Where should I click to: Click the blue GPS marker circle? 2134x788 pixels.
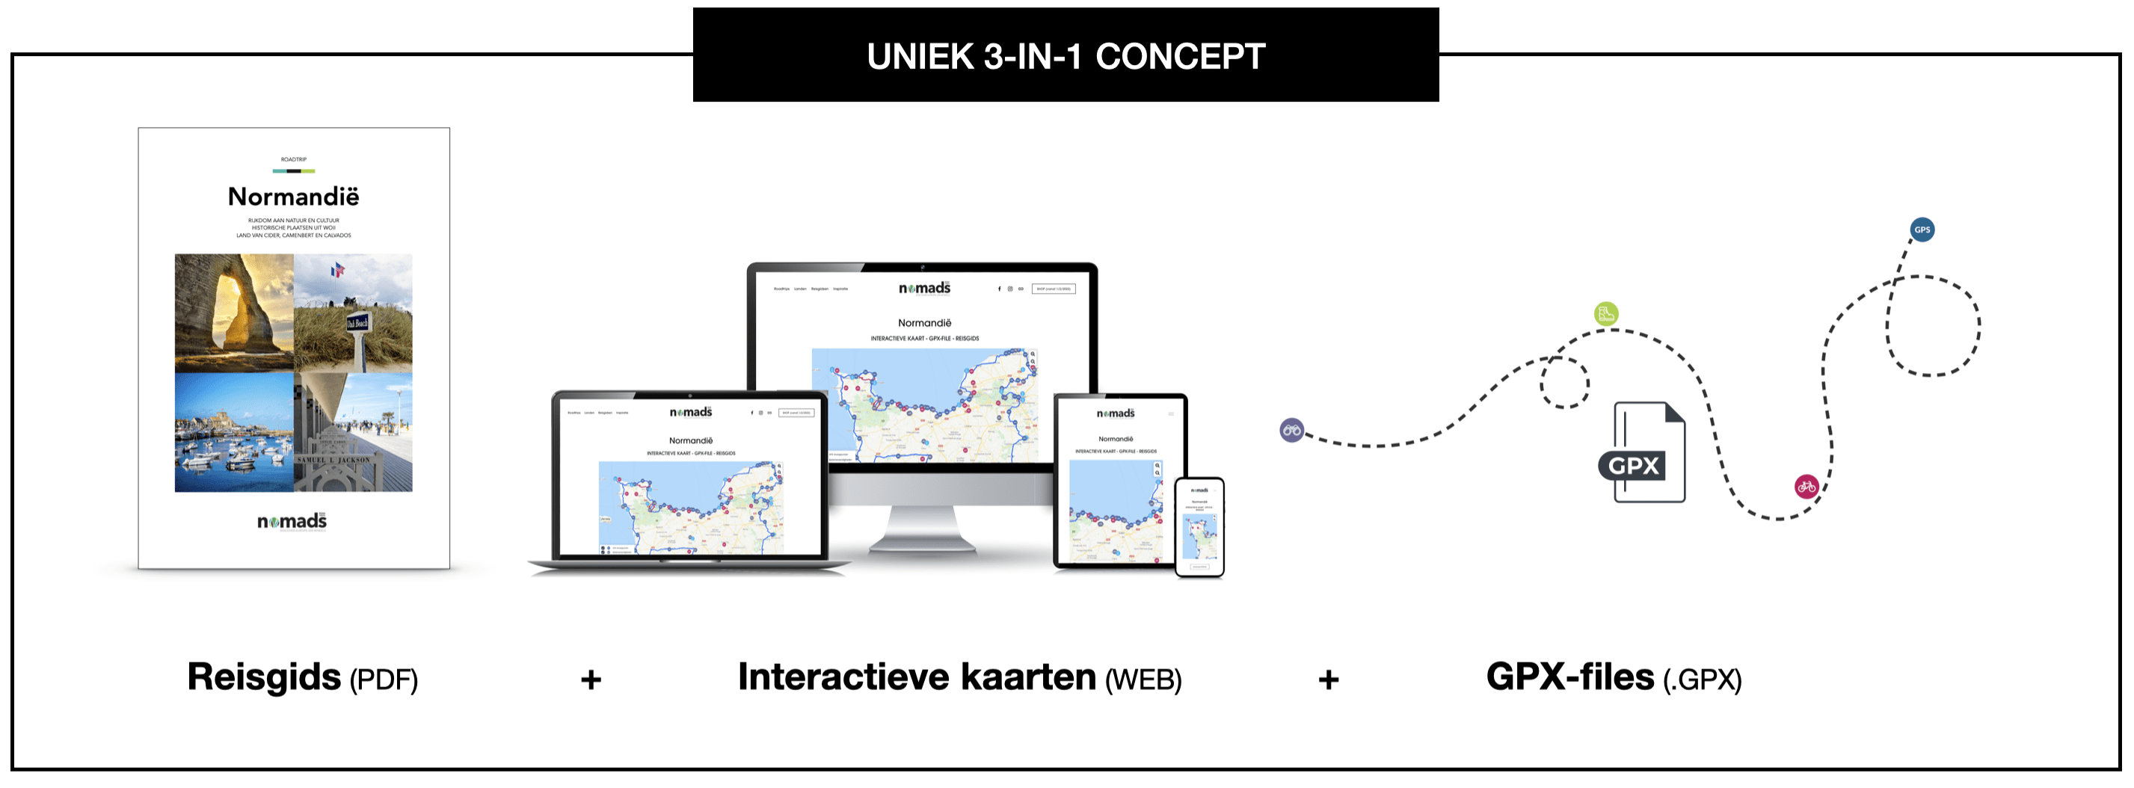[1921, 230]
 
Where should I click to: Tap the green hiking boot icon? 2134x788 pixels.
[1605, 314]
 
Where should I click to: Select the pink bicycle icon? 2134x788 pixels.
[1806, 487]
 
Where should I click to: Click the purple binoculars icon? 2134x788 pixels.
[1291, 430]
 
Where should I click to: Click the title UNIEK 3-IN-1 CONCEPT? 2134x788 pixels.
[1066, 56]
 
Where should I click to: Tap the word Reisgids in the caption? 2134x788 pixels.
[263, 677]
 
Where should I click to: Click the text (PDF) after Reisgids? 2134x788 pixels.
[384, 680]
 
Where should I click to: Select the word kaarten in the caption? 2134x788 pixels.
[1028, 677]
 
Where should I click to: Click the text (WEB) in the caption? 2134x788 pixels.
[1143, 680]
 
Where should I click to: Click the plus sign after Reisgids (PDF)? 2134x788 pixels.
[591, 680]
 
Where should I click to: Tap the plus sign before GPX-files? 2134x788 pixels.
[1328, 680]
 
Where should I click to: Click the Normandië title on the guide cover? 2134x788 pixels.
[293, 197]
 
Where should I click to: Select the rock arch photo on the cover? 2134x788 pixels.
[235, 313]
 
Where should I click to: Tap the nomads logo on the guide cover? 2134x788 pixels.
[292, 521]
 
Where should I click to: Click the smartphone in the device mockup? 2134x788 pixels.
[1199, 527]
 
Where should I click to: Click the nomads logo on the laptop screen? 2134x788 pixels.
[690, 412]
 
